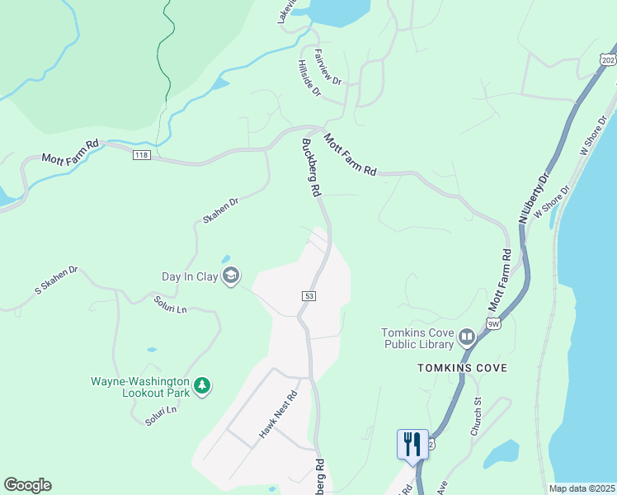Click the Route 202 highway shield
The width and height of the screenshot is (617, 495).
pos(608,59)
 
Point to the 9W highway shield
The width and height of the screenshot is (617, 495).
pos(494,324)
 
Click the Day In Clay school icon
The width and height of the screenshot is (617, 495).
pos(232,276)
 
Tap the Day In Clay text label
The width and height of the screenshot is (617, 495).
pos(190,276)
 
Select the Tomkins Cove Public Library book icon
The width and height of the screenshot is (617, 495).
pos(467,337)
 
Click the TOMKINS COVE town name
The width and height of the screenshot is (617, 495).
pos(462,367)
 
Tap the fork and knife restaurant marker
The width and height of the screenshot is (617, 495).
pos(412,444)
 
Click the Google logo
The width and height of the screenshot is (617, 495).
pos(27,485)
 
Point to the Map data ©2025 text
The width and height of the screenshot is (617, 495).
pos(582,488)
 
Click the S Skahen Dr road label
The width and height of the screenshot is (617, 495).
pos(55,280)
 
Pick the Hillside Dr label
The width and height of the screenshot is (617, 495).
pos(309,78)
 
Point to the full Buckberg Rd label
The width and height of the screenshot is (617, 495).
pos(311,167)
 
